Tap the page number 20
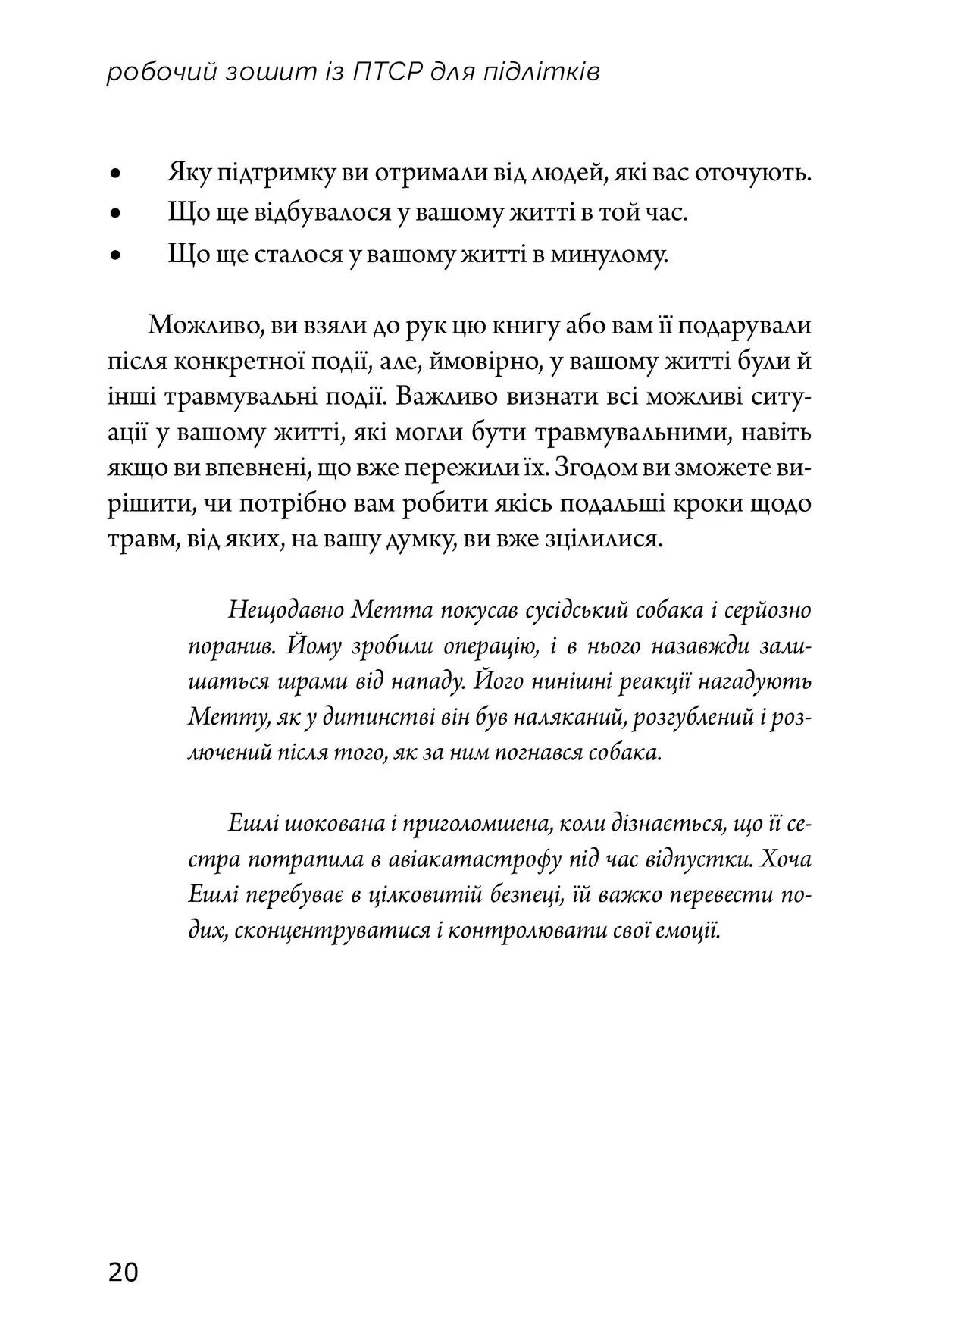click(x=124, y=1272)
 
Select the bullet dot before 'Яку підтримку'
click(x=116, y=174)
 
